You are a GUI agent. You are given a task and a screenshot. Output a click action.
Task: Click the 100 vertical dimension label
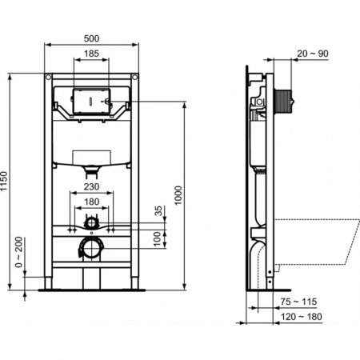tap(159, 238)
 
